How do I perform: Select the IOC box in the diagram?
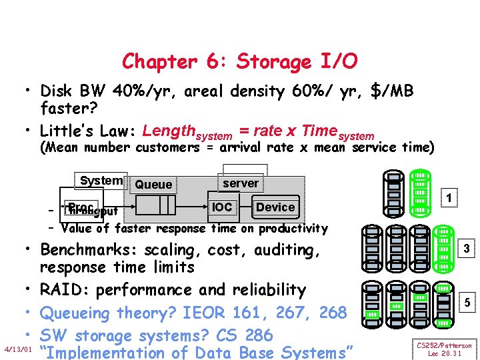point(222,207)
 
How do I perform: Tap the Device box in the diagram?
point(275,207)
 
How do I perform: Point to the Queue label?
point(153,185)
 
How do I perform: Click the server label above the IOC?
point(241,183)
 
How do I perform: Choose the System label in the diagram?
point(101,181)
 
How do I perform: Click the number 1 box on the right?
point(450,199)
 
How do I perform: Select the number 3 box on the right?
point(467,249)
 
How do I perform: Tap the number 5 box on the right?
point(467,302)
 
